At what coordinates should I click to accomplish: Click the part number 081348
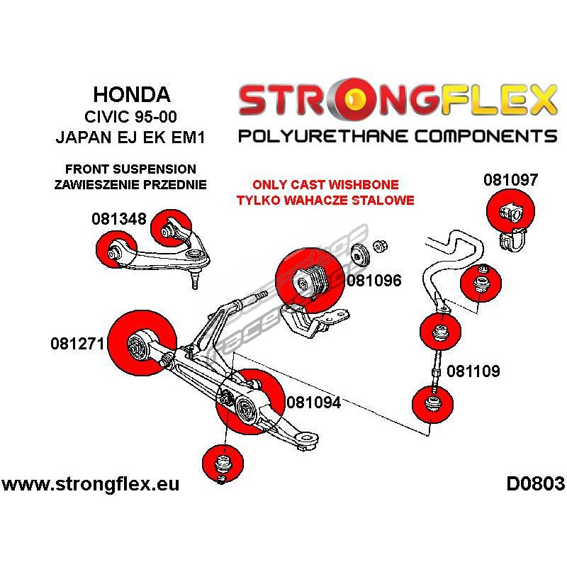118,219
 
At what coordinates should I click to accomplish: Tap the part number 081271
77,344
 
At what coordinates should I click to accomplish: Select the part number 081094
313,403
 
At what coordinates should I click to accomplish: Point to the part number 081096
374,281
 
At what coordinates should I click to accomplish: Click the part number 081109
473,371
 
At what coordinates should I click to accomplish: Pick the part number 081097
510,180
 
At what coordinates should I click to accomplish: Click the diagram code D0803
535,484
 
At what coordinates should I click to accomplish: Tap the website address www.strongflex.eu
90,485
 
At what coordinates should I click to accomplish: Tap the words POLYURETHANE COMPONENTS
398,135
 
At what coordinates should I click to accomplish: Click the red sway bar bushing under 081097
511,210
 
